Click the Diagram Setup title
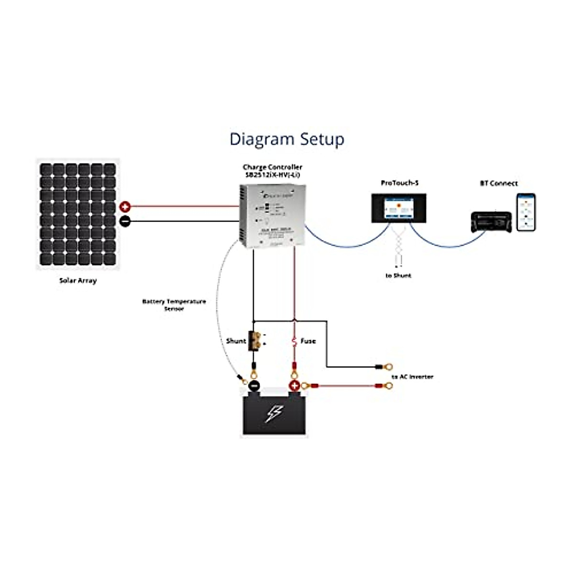pos(287,139)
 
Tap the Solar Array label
pos(78,280)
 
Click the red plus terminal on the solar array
pos(125,207)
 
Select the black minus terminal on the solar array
pos(125,221)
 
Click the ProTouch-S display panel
pos(399,208)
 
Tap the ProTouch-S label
pos(399,183)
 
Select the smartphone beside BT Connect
pos(526,212)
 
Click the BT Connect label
pos(498,183)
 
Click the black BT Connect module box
pos(491,222)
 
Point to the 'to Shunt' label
pos(398,276)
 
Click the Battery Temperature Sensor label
pos(174,305)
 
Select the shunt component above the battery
pos(254,341)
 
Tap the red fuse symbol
pos(294,342)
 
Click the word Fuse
pos(308,341)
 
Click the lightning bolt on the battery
pos(275,414)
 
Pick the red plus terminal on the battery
pos(295,386)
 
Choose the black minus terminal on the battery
pos(254,386)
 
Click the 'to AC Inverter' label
pos(412,377)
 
